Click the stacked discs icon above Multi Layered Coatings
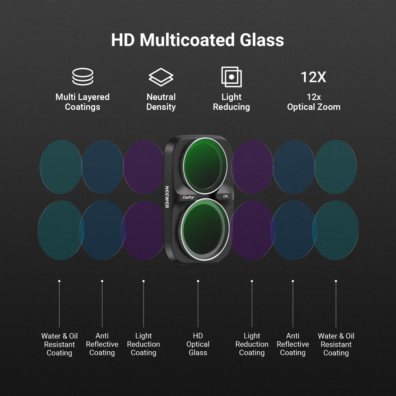pyautogui.click(x=83, y=77)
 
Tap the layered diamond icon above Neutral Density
pyautogui.click(x=161, y=77)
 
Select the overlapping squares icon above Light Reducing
pyautogui.click(x=231, y=77)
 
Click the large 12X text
pyautogui.click(x=313, y=77)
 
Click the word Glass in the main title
pyautogui.click(x=262, y=40)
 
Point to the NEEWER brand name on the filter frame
pyautogui.click(x=167, y=197)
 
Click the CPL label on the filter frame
pyautogui.click(x=226, y=196)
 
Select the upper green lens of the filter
pyautogui.click(x=204, y=166)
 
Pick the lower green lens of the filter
pyautogui.click(x=204, y=229)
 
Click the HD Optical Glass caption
pyautogui.click(x=198, y=344)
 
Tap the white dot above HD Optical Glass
pyautogui.click(x=198, y=281)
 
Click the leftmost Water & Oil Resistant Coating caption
pyautogui.click(x=59, y=345)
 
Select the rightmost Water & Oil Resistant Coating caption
pyautogui.click(x=336, y=345)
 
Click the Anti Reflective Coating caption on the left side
pyautogui.click(x=102, y=344)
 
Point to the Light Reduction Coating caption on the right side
pyautogui.click(x=252, y=344)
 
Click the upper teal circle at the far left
pyautogui.click(x=61, y=167)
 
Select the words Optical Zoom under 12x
pyautogui.click(x=313, y=107)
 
